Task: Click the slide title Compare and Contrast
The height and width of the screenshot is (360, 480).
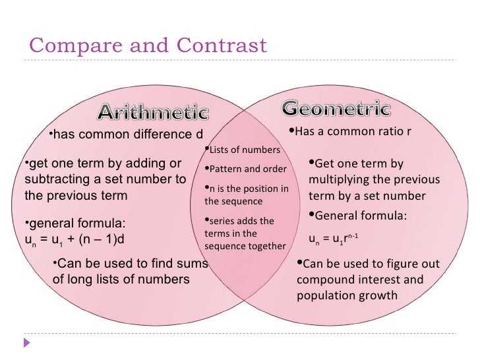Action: pos(148,45)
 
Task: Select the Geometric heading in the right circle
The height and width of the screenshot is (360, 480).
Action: pos(337,107)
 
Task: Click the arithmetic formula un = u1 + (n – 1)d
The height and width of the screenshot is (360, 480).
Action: pos(74,238)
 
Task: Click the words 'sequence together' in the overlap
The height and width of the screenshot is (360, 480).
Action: pos(245,246)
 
